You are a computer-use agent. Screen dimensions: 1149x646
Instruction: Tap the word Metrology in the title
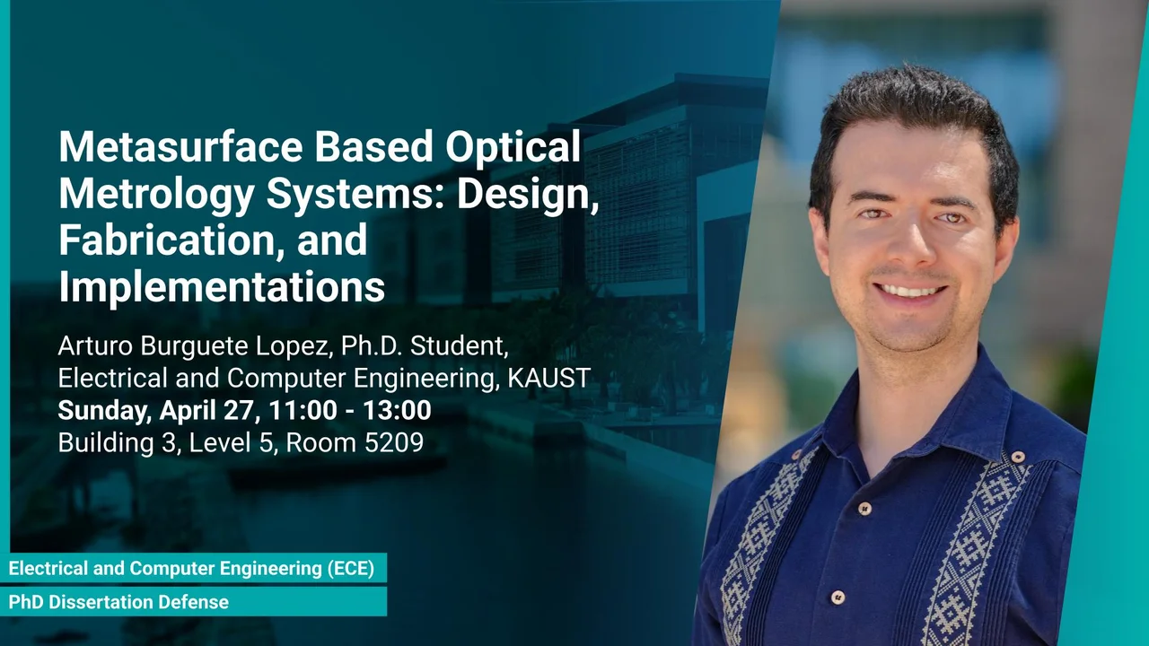click(156, 196)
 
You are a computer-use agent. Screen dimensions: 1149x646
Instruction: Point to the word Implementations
click(222, 288)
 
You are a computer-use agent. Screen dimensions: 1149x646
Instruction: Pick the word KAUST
click(548, 378)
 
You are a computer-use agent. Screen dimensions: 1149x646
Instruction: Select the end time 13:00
click(397, 410)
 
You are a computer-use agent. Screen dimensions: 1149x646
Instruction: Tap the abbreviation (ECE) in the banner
click(351, 568)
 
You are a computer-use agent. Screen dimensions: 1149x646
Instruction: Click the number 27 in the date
click(239, 410)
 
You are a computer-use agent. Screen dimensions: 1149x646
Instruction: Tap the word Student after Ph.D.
click(459, 346)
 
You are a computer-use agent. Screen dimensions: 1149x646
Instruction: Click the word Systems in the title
click(355, 196)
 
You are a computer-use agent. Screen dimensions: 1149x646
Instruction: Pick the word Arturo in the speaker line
click(95, 346)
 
